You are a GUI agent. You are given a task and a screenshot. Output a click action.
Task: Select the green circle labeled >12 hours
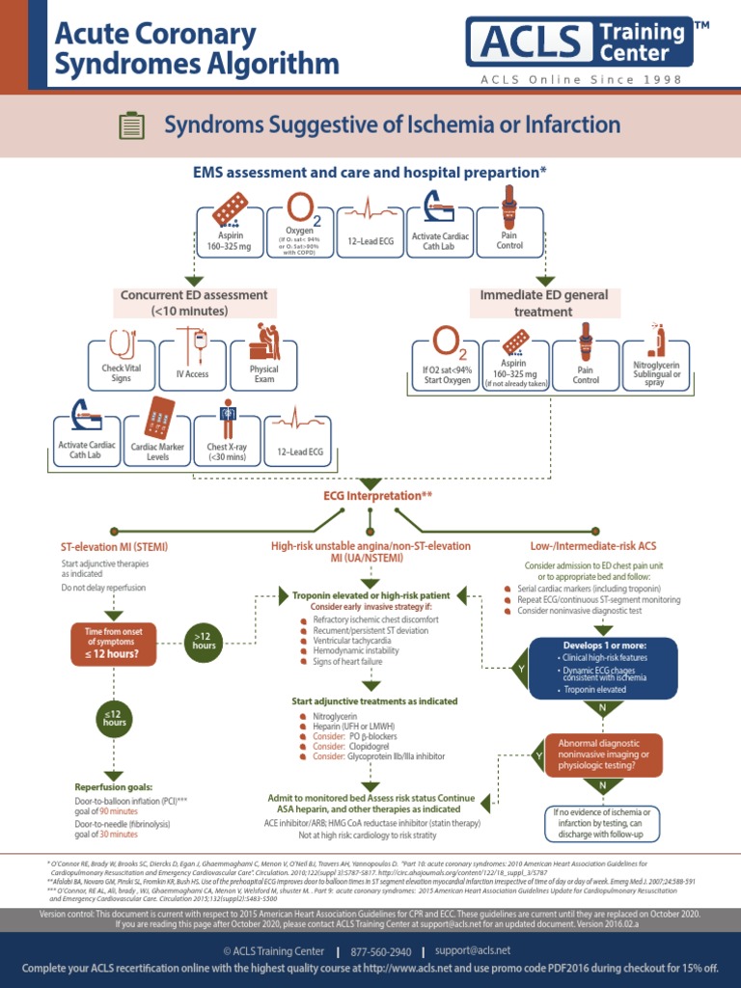click(205, 639)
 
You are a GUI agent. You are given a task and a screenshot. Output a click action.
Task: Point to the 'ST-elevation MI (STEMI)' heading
click(115, 546)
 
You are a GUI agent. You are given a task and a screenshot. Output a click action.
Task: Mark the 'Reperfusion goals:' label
click(114, 787)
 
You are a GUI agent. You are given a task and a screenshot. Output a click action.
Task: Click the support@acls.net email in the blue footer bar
click(474, 950)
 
